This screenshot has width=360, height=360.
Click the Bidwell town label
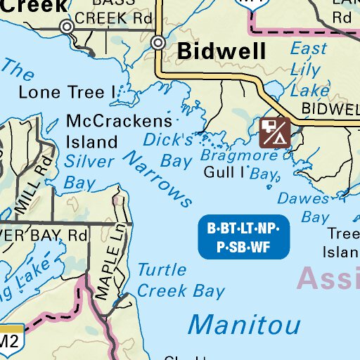click(x=221, y=51)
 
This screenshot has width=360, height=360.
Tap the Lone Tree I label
click(x=67, y=92)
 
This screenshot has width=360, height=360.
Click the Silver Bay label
click(x=89, y=172)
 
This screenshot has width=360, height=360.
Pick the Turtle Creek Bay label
click(x=180, y=280)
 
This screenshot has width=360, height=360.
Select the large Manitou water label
click(x=244, y=324)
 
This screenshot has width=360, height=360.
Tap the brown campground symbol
click(x=274, y=133)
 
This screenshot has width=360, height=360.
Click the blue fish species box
click(x=243, y=237)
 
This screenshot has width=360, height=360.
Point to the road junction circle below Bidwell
click(x=159, y=43)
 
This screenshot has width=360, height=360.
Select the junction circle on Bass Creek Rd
click(x=67, y=27)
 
